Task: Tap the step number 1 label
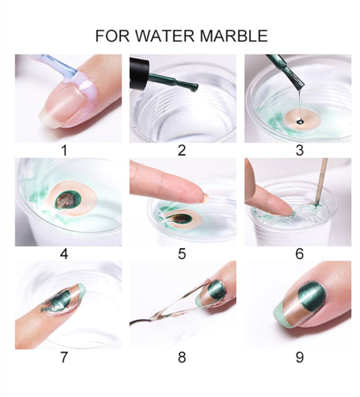click(x=64, y=150)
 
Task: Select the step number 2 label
click(x=182, y=150)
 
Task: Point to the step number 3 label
click(x=299, y=150)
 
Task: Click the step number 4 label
click(x=64, y=254)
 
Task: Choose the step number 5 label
click(x=182, y=254)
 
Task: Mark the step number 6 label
click(x=299, y=254)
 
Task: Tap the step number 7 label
click(x=64, y=357)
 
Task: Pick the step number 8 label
click(x=182, y=357)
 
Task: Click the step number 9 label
click(x=299, y=357)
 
